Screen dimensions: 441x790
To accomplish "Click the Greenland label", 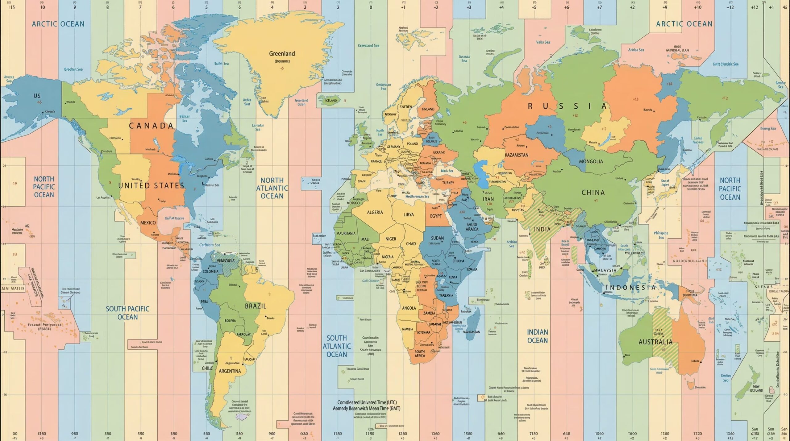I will coord(282,54).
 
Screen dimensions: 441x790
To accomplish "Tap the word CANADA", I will coord(151,126).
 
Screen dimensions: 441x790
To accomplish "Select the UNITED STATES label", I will coord(151,186).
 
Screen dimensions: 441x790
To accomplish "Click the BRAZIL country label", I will coord(256,306).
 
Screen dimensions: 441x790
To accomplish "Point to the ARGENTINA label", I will coord(230,371).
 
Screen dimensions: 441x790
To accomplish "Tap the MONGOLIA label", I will coord(591,161).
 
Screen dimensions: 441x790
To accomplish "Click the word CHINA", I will coord(593,193).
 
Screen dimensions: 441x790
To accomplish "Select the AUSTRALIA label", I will coord(655,342).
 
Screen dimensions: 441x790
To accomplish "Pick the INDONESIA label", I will coord(630,288).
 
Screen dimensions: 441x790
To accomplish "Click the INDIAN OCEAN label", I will coord(537,336).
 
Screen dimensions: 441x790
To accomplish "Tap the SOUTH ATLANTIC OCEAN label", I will coord(337,346).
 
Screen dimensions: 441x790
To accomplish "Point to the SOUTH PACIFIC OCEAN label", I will coord(127,313).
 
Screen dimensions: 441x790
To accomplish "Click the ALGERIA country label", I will coord(375,212).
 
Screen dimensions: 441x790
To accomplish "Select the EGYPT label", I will coord(436,216).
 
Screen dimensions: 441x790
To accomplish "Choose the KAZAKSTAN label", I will coord(517,155).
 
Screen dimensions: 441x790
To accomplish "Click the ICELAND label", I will coord(331,100).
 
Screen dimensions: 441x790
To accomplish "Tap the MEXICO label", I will coord(148,223).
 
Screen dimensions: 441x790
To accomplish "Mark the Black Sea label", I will coord(447,171).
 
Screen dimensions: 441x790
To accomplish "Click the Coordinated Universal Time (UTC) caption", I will coord(367,402).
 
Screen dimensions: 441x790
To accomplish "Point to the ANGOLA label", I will coord(409,308).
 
